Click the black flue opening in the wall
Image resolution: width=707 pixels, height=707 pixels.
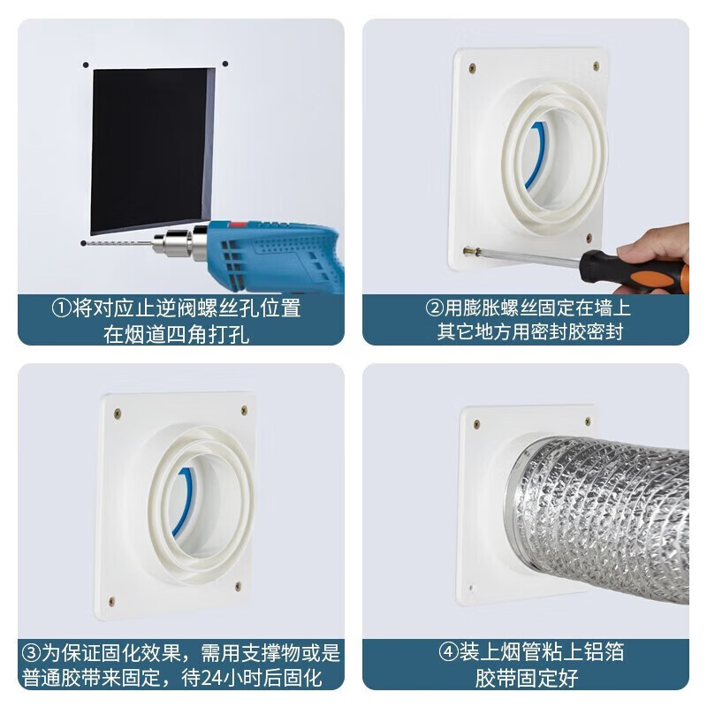(150, 146)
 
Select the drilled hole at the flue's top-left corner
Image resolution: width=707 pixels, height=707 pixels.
(86, 65)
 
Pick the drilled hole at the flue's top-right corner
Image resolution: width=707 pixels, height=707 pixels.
(224, 64)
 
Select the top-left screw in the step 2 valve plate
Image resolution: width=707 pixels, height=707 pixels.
(472, 68)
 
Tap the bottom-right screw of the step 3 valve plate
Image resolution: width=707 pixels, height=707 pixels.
(237, 587)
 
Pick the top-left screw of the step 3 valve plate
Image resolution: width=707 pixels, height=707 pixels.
(118, 413)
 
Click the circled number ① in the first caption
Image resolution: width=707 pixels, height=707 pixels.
(60, 308)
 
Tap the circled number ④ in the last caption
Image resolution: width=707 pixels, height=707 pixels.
(447, 653)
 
